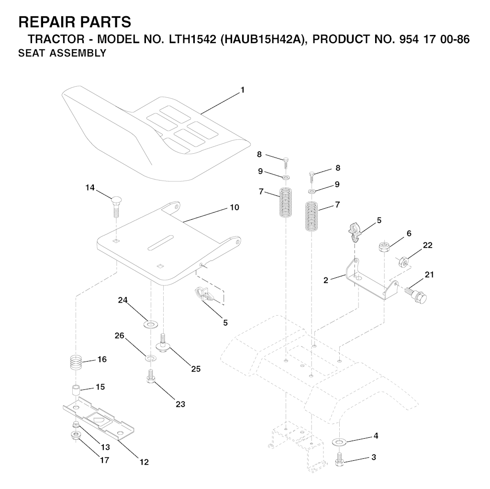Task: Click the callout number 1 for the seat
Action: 243,90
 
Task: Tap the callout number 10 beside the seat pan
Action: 234,207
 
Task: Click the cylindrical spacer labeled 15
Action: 75,390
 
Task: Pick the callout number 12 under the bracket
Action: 144,462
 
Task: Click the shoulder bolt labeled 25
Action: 163,343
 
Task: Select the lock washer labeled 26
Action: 151,358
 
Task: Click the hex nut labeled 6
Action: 383,247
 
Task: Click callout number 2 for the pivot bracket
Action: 326,280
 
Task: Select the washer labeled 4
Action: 339,442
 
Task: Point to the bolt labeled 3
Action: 339,460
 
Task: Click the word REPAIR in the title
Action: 46,22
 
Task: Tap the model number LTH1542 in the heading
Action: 192,39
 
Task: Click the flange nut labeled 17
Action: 75,435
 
